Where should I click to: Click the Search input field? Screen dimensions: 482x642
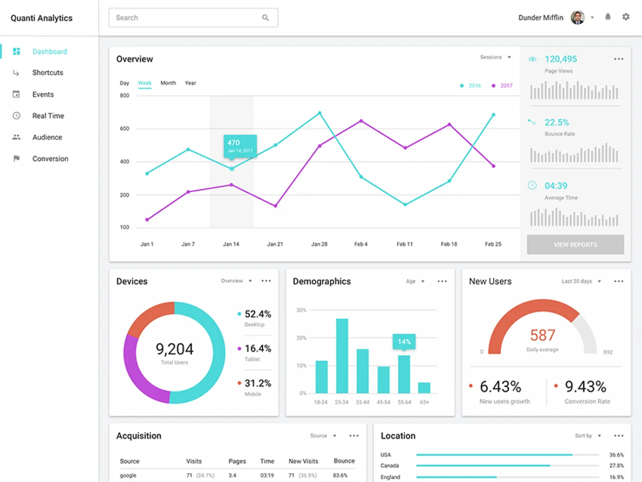[x=189, y=18]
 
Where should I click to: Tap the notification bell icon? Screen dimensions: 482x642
[x=608, y=17]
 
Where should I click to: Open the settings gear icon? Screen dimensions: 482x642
[x=626, y=17]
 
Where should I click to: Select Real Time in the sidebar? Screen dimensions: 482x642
[x=48, y=116]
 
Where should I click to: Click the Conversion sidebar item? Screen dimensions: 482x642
[x=50, y=159]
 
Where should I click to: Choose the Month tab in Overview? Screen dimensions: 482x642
[x=168, y=83]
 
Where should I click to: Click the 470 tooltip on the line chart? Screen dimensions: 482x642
[x=240, y=146]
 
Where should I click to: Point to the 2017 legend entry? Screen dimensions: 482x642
[x=506, y=86]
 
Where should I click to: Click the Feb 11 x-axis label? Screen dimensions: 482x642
[x=404, y=244]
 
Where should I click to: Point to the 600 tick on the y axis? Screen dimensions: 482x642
[x=124, y=129]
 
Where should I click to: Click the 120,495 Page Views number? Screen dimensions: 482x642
[x=561, y=59]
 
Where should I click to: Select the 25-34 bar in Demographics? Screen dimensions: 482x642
[x=342, y=355]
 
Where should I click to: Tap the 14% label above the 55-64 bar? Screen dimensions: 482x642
[x=404, y=341]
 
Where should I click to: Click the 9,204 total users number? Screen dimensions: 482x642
[x=175, y=349]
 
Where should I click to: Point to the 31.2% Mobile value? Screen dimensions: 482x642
[x=258, y=383]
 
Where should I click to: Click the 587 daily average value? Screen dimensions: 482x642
[x=542, y=335]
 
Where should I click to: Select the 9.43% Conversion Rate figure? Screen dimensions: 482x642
[x=585, y=387]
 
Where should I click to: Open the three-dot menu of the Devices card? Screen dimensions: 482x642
[x=266, y=281]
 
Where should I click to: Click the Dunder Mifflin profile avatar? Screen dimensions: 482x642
[x=577, y=18]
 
